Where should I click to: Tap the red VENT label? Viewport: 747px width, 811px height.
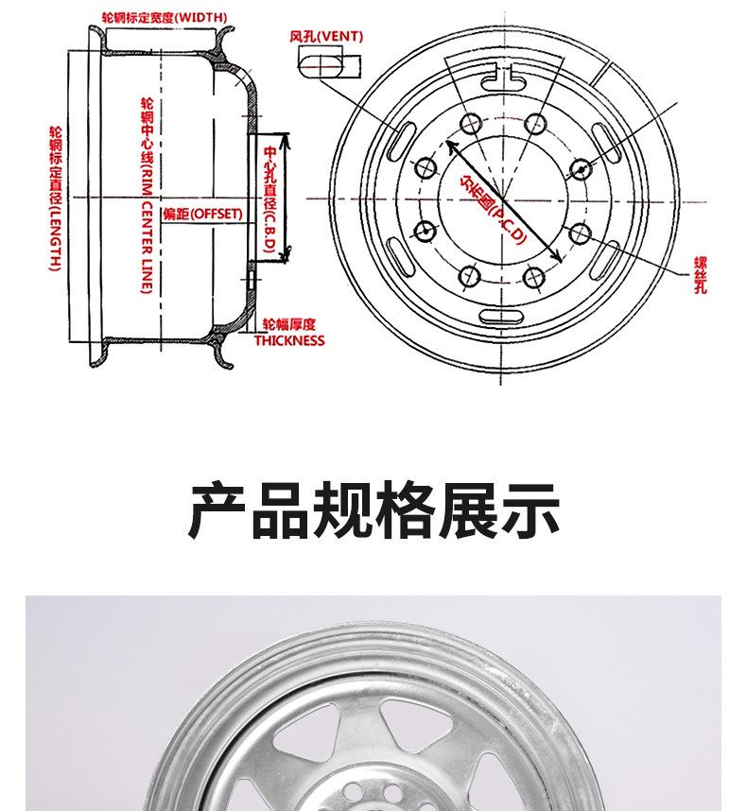pyautogui.click(x=326, y=37)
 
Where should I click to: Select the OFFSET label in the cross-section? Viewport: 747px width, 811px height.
pyautogui.click(x=202, y=215)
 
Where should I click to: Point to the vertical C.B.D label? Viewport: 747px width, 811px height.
pyautogui.click(x=269, y=198)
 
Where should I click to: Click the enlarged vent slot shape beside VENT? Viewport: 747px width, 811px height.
pyautogui.click(x=325, y=63)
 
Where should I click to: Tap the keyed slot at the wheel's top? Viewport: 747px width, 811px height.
pyautogui.click(x=503, y=78)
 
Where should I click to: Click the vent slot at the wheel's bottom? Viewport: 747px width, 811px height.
pyautogui.click(x=502, y=317)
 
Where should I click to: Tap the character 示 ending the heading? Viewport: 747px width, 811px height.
pyautogui.click(x=530, y=510)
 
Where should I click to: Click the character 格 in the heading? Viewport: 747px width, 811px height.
pyautogui.click(x=405, y=510)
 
